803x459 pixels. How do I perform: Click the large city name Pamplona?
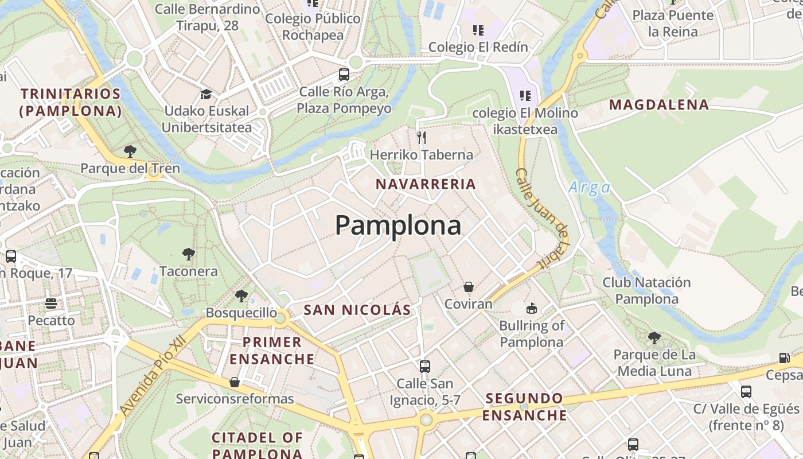coord(398,225)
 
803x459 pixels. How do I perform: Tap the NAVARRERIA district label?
coord(426,184)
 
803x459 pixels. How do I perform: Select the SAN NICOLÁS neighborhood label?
coord(357,310)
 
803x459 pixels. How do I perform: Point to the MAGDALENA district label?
coord(659,105)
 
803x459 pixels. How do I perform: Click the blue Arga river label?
coord(589,188)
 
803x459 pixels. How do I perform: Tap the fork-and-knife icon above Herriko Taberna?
coord(422,137)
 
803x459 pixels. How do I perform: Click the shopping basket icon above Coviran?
coord(469,287)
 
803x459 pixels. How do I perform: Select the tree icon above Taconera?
coord(188,254)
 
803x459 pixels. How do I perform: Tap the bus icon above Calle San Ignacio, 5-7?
coord(425,366)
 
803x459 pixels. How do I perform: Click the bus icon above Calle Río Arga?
coord(344,75)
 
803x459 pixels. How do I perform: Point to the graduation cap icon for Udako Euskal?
coord(206,94)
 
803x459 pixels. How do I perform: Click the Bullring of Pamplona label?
coord(532,334)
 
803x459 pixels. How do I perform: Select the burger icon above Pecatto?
coord(51,304)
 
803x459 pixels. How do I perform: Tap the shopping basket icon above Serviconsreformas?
coord(234,382)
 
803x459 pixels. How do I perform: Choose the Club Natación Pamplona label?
coord(646,290)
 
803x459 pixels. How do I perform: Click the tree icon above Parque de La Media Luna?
coord(654,338)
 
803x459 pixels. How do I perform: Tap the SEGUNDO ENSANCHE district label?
coord(524,406)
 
